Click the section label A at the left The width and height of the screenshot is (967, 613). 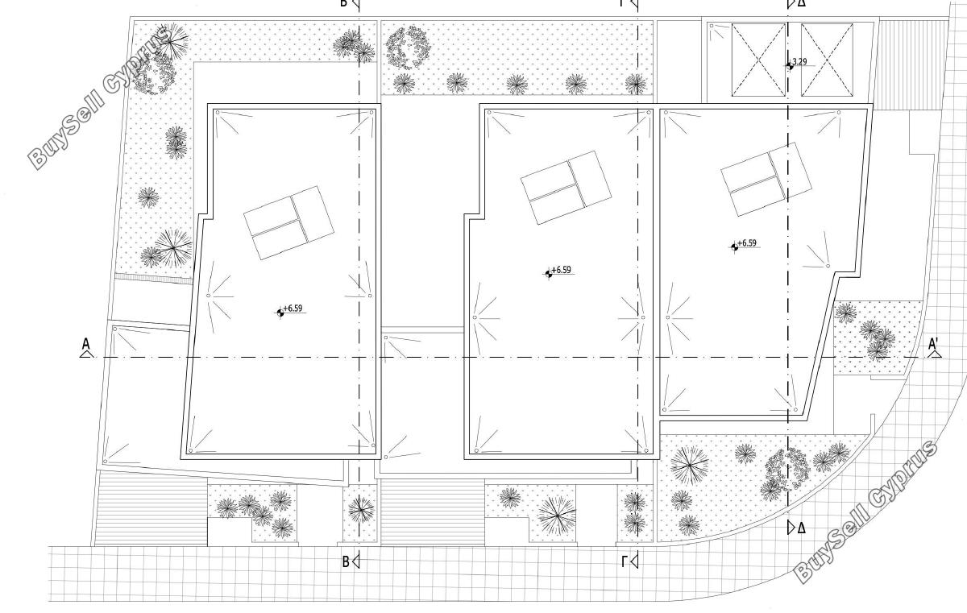click(x=86, y=344)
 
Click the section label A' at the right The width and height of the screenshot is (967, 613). click(x=933, y=344)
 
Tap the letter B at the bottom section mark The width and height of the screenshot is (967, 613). click(x=346, y=561)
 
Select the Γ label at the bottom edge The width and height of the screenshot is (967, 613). click(x=625, y=561)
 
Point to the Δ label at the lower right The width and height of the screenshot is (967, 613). click(x=801, y=528)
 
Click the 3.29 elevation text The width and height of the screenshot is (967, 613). click(x=799, y=62)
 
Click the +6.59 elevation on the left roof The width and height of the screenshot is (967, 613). click(x=293, y=308)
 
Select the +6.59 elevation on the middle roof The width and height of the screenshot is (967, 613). click(x=561, y=270)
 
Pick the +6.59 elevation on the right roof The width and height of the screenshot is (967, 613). click(x=747, y=243)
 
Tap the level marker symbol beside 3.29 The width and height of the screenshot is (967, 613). click(x=790, y=65)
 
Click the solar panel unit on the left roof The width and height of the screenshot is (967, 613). click(x=288, y=222)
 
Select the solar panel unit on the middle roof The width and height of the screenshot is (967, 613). click(x=566, y=187)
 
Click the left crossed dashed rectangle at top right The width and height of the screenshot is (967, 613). click(x=758, y=60)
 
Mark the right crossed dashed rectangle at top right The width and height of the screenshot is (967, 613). click(x=827, y=60)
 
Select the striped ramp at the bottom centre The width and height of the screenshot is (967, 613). click(x=432, y=512)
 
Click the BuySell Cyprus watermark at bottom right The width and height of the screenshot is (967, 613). click(x=865, y=512)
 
